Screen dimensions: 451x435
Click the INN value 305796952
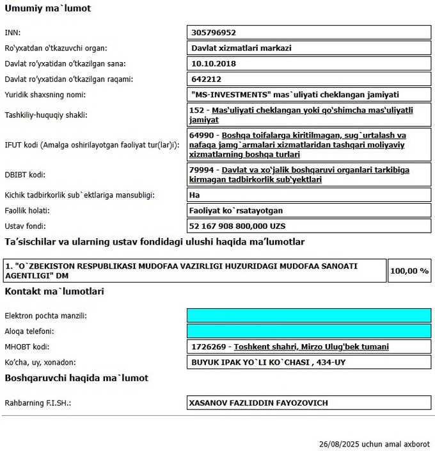click(214, 33)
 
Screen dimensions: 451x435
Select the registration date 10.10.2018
click(214, 63)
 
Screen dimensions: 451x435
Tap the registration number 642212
click(206, 79)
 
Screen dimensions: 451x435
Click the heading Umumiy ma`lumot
click(47, 9)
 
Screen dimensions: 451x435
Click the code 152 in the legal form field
click(198, 110)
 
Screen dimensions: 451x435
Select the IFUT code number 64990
click(202, 136)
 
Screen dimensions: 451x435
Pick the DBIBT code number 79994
click(202, 170)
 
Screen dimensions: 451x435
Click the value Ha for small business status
click(196, 195)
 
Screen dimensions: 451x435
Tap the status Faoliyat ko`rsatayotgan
click(237, 210)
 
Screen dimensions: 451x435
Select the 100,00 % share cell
click(409, 271)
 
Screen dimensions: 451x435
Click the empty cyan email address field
click(308, 316)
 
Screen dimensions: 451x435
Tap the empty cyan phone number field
click(308, 331)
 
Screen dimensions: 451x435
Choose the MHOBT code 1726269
click(209, 347)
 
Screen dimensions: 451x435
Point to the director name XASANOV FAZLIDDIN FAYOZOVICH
click(258, 403)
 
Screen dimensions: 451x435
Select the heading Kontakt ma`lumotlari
click(54, 291)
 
